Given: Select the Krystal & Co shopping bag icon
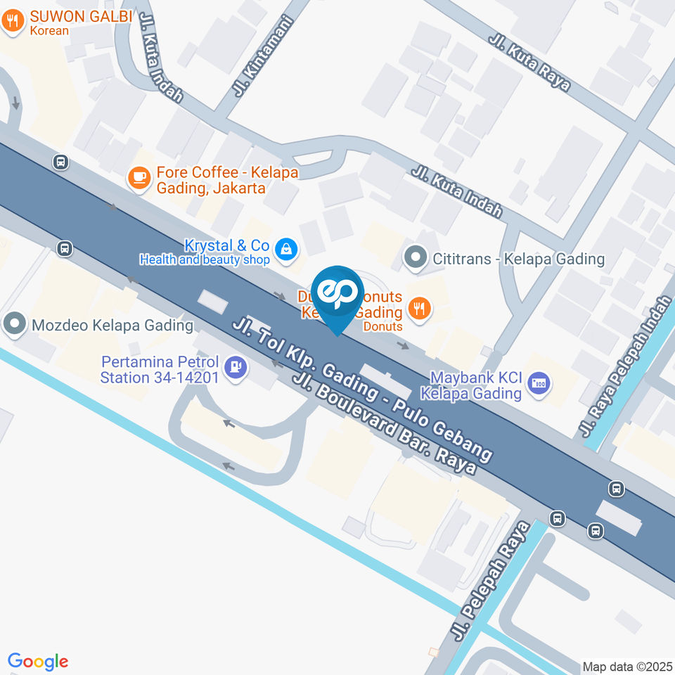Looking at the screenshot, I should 286,248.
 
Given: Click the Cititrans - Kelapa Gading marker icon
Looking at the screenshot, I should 416,258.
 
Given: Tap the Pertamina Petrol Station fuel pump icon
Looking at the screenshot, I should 235,367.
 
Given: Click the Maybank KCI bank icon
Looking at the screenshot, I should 540,384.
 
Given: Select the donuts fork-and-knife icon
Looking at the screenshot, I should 420,309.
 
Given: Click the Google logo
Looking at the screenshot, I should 38,661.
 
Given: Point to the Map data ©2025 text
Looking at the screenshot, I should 628,666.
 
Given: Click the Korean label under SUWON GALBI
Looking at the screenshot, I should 49,30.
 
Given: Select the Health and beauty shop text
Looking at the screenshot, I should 205,260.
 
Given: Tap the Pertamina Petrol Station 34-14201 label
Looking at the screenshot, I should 161,370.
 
